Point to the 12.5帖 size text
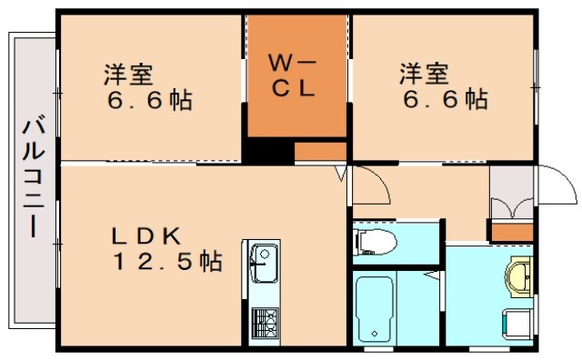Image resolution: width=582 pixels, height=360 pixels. [x=167, y=263]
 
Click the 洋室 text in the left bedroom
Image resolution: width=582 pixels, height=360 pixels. [x=127, y=73]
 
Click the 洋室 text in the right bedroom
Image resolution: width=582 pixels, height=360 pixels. [x=420, y=71]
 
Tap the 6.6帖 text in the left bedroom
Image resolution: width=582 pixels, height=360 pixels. [x=149, y=100]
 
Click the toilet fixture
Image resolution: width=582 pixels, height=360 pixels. [x=375, y=242]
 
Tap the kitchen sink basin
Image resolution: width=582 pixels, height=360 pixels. [x=264, y=264]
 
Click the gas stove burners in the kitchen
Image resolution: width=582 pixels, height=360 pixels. [x=264, y=321]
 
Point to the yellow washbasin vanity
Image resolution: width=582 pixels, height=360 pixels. [x=520, y=277]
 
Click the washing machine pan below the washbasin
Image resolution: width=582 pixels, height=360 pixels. [x=516, y=322]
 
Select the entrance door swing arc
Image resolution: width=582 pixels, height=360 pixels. [x=555, y=186]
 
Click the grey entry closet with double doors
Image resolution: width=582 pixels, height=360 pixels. [x=511, y=195]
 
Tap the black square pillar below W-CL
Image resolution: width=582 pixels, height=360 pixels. [x=261, y=152]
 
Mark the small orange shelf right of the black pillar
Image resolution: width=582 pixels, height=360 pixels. [x=320, y=152]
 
